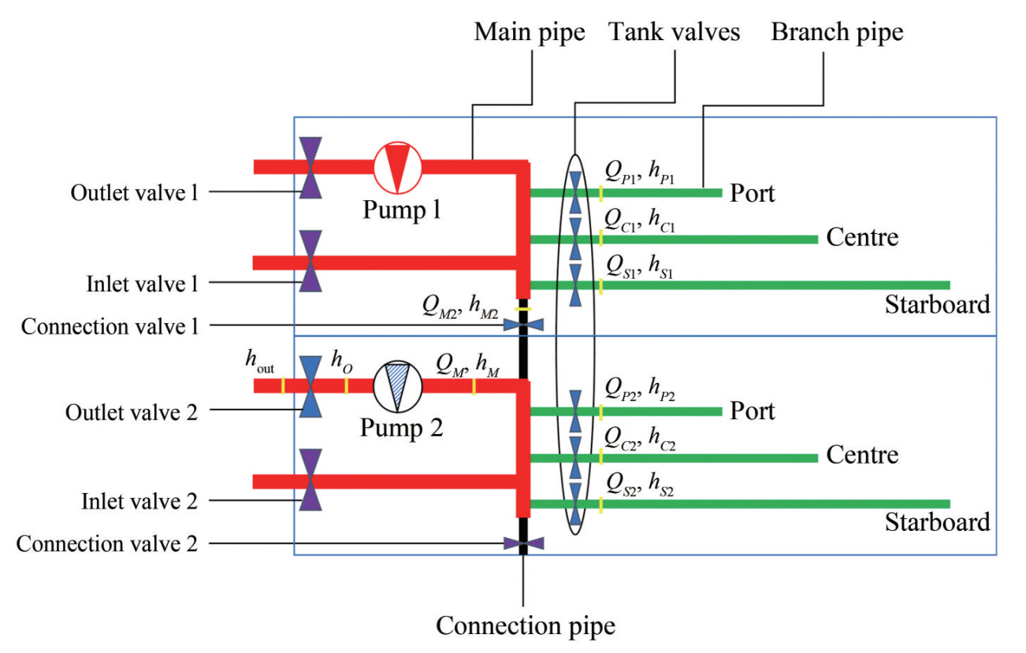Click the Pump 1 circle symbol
coord(397,167)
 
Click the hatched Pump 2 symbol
coord(397,386)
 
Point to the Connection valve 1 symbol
coord(523,325)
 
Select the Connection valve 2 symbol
coord(523,543)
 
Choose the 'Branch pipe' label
coord(837,33)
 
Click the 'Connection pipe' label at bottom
coord(526,626)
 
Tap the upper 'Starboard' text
coord(937,305)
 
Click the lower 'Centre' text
coord(862,455)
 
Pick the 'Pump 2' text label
coord(401,429)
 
